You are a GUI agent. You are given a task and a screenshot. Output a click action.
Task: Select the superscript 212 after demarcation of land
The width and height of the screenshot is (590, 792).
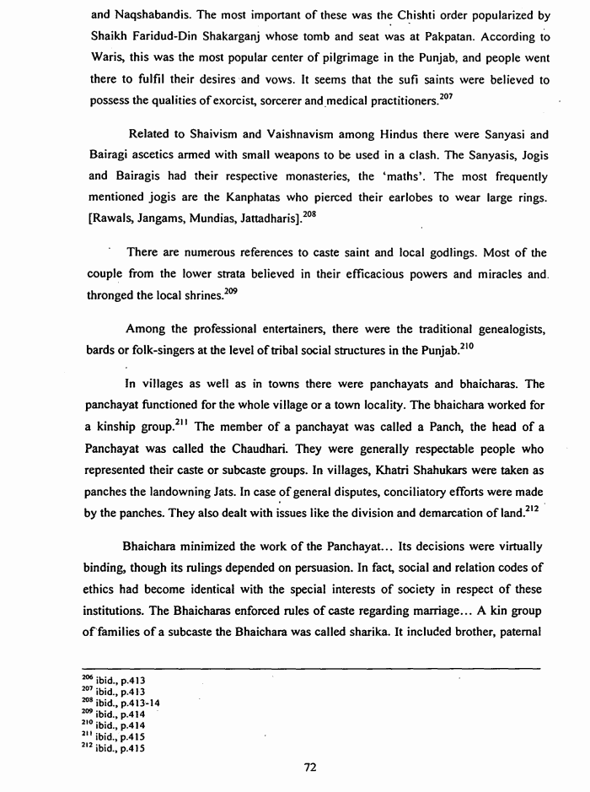pyautogui.click(x=536, y=486)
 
